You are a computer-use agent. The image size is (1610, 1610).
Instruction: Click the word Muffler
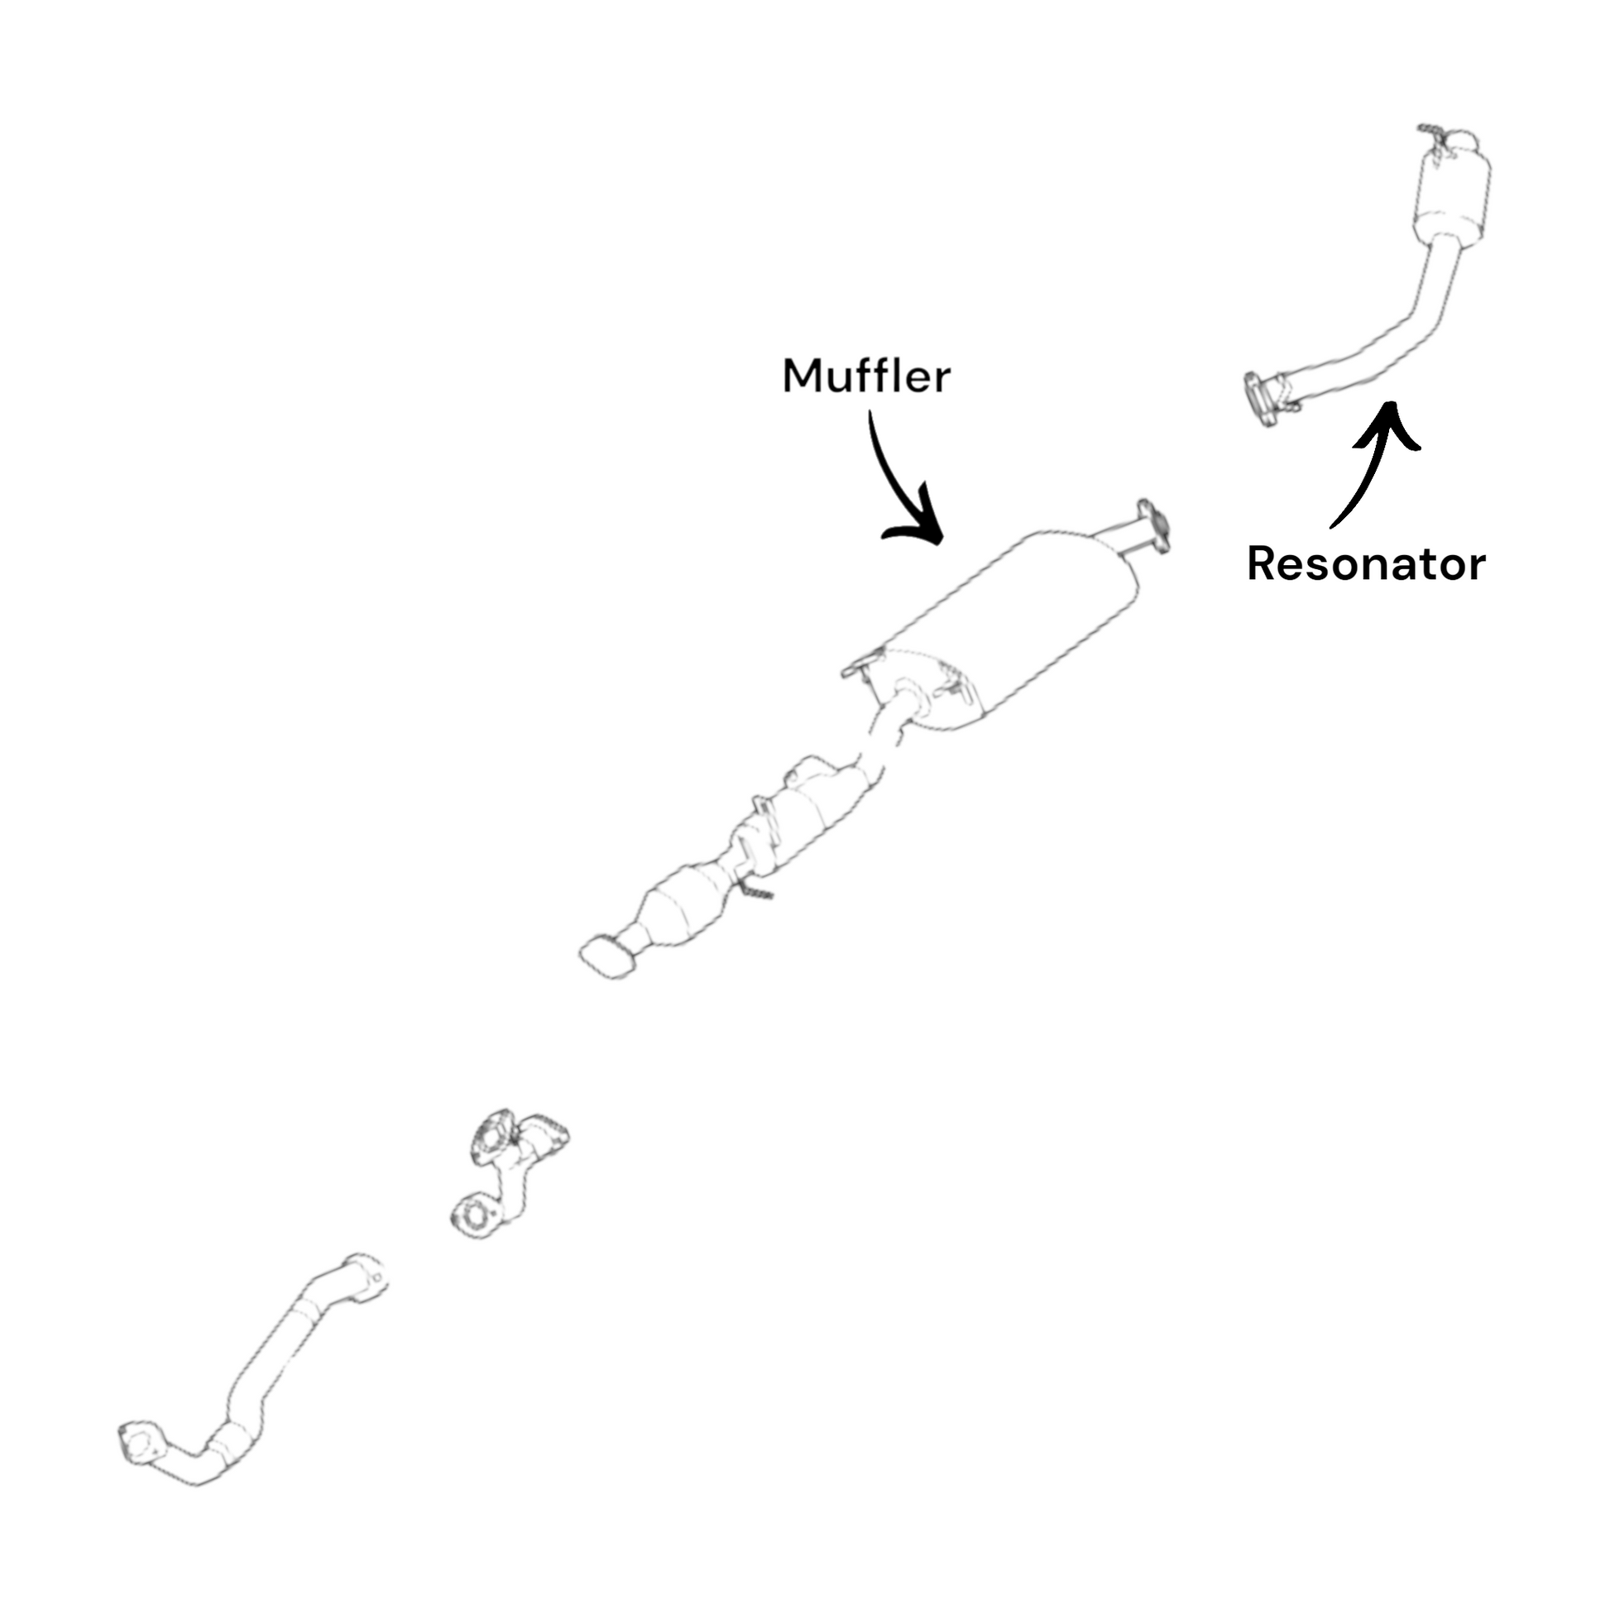point(866,376)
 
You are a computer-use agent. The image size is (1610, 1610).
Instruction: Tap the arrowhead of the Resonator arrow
point(1388,421)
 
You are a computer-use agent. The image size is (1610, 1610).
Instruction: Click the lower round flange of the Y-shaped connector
point(476,1216)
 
